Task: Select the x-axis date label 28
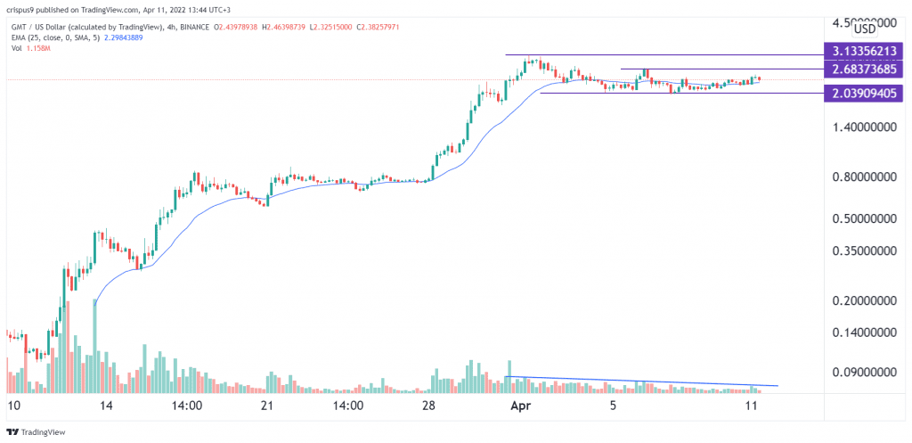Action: (428, 405)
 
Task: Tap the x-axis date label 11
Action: (751, 405)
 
